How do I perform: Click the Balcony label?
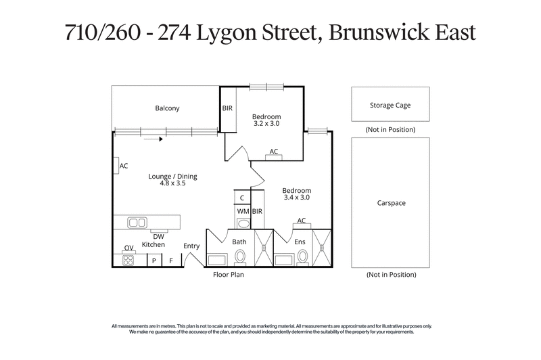167,108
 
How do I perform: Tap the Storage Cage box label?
390,105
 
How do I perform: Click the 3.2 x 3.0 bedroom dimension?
266,124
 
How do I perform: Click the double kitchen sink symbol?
138,222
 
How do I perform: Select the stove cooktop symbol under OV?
128,259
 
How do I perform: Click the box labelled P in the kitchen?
154,261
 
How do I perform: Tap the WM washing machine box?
242,212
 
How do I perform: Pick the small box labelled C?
242,198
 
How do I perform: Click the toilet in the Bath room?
240,257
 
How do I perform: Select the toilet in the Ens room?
302,257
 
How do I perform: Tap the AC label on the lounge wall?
124,166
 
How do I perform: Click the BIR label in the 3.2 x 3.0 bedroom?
227,108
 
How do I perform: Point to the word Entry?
191,246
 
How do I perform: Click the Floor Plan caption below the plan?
228,275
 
